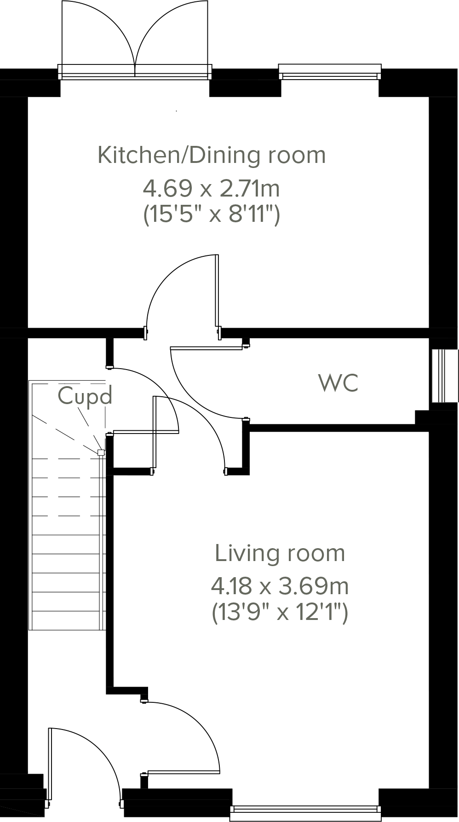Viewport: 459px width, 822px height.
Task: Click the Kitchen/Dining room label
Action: [212, 156]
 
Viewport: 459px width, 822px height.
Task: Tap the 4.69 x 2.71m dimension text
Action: [212, 188]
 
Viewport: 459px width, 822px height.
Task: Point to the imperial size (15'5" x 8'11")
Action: [212, 214]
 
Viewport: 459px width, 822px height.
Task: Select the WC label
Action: [339, 383]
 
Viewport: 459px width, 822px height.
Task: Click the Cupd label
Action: [85, 396]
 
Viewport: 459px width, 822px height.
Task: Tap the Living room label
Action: [280, 553]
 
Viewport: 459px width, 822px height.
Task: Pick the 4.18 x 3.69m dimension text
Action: [280, 586]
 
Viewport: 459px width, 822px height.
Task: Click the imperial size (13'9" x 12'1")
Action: [280, 613]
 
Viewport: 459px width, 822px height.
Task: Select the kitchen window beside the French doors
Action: [330, 72]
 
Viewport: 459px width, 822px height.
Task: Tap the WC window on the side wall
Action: [444, 376]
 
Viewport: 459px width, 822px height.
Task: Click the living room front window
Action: [305, 813]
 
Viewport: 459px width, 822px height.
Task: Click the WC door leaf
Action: [207, 348]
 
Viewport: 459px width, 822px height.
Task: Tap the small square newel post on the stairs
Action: [101, 452]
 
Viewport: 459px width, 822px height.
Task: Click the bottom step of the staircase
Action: [67, 620]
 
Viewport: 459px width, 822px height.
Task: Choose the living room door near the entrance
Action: [183, 771]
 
